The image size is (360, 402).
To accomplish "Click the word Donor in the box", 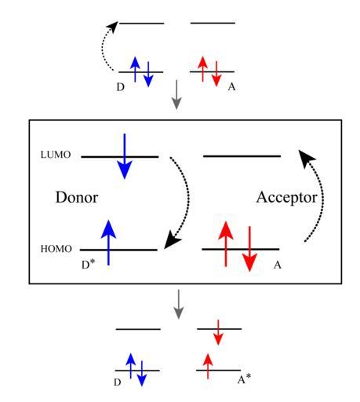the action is [x=77, y=197].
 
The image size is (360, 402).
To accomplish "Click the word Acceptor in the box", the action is [x=287, y=198].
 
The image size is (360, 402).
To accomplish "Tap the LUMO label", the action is [x=56, y=155].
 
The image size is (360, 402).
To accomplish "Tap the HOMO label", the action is [x=56, y=249].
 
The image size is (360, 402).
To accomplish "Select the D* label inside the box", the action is [x=88, y=265].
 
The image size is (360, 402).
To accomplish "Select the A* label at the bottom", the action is [x=244, y=379].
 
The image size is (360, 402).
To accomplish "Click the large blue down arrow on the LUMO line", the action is [x=125, y=156].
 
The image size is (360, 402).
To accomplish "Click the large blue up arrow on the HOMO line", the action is [x=108, y=243].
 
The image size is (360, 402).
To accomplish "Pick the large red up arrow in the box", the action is [x=226, y=244].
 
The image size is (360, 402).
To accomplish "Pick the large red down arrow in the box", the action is [x=249, y=249].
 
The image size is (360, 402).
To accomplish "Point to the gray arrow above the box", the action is [x=176, y=94].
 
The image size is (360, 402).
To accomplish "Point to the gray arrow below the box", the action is [x=179, y=305].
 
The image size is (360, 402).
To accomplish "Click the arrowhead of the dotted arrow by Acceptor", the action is [x=306, y=158].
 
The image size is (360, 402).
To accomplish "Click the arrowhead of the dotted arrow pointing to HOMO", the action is [x=171, y=239].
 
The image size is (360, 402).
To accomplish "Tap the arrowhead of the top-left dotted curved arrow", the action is [x=113, y=26].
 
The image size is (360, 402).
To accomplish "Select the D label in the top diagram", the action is [x=121, y=87].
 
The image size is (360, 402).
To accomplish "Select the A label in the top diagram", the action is [x=231, y=86].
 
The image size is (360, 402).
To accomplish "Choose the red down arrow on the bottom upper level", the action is [x=218, y=332].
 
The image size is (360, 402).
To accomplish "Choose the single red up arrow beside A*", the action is [x=208, y=366].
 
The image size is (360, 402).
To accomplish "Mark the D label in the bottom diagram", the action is [x=118, y=382].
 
